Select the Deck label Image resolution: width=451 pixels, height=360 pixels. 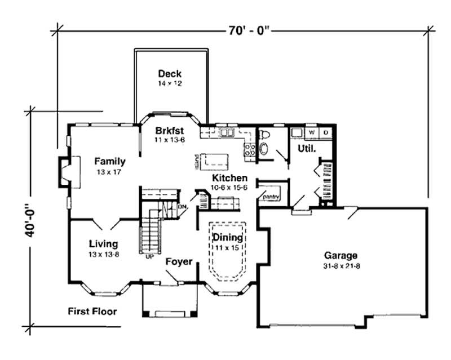point(169,73)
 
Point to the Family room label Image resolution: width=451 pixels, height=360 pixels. point(109,161)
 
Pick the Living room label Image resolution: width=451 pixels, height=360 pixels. point(104,244)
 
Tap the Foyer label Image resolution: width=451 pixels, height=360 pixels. point(179,262)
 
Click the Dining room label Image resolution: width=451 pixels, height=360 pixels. point(228,237)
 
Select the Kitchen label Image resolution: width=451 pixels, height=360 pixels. point(228,177)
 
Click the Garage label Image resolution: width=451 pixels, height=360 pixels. point(341,255)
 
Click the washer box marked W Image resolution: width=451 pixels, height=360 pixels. point(311,132)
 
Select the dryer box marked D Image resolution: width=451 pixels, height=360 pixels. point(325,132)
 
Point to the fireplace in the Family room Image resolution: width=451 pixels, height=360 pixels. point(65,172)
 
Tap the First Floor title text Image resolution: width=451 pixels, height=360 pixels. point(93,311)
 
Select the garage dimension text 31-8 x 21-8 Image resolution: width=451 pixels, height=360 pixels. point(341,265)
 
